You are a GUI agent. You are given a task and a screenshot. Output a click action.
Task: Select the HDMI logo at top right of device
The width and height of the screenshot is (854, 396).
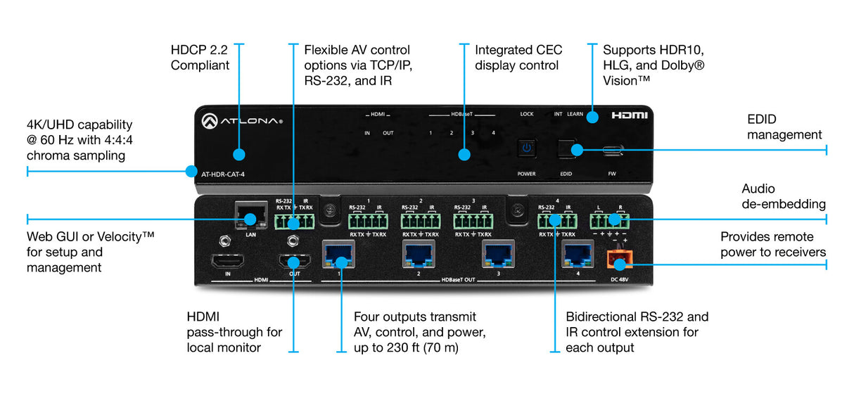pyautogui.click(x=627, y=115)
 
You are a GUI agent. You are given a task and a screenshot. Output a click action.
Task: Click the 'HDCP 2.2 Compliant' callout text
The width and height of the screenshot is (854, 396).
pyautogui.click(x=200, y=58)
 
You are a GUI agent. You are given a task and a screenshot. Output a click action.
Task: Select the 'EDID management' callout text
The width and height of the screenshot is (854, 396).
pyautogui.click(x=784, y=127)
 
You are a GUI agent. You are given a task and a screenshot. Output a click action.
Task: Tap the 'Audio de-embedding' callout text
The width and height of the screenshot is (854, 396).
pyautogui.click(x=784, y=196)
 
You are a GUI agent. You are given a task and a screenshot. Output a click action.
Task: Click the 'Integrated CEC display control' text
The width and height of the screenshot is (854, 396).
pyautogui.click(x=516, y=58)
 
